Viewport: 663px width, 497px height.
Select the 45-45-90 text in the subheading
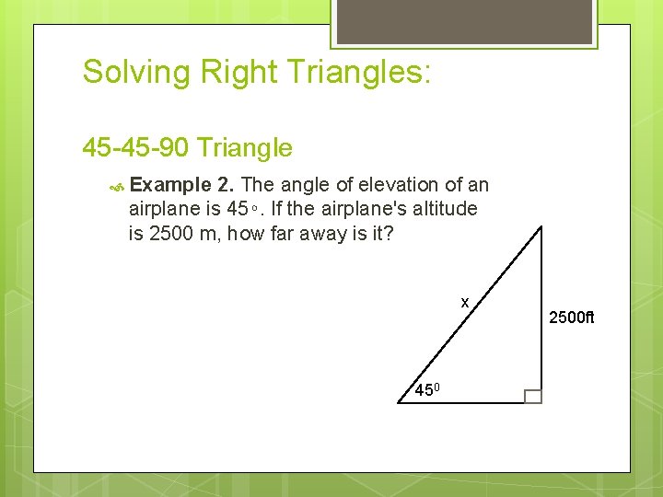click(136, 147)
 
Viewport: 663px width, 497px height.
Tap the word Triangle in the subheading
click(245, 147)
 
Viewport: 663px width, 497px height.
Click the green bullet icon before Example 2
click(117, 186)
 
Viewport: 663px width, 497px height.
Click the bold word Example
click(172, 185)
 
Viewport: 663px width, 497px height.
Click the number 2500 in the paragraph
click(170, 234)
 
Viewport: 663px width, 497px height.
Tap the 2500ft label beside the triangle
click(572, 318)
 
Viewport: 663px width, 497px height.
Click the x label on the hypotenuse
click(465, 302)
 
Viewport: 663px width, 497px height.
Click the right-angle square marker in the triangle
click(532, 396)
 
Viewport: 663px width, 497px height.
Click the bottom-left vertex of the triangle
click(400, 403)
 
